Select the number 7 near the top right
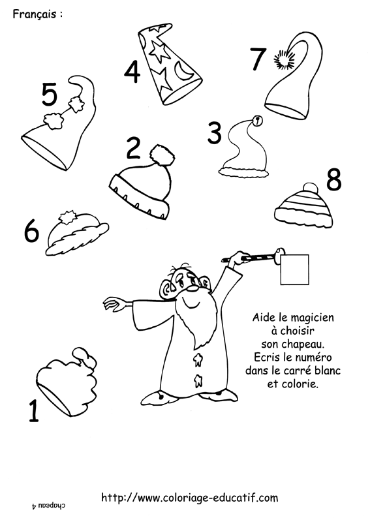(258, 59)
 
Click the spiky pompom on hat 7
(285, 60)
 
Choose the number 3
(215, 133)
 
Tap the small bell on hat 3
(258, 121)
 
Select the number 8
(333, 180)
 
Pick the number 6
(31, 231)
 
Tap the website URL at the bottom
(189, 498)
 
